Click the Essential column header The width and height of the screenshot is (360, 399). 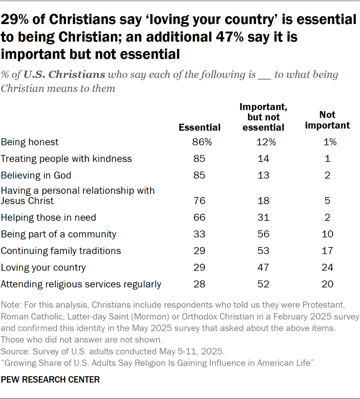pyautogui.click(x=199, y=127)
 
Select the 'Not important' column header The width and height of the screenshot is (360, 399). pyautogui.click(x=327, y=120)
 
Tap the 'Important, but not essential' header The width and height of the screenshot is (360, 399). pyautogui.click(x=262, y=117)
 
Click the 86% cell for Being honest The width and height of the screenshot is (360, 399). pyautogui.click(x=199, y=142)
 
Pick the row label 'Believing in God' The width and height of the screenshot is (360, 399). pyautogui.click(x=36, y=175)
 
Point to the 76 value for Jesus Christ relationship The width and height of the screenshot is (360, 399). pyautogui.click(x=199, y=201)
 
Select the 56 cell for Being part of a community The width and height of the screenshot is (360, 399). pyautogui.click(x=264, y=234)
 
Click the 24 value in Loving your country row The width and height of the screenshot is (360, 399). pyautogui.click(x=327, y=268)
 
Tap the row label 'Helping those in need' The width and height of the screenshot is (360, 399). pyautogui.click(x=48, y=217)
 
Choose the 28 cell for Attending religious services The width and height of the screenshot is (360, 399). pyautogui.click(x=199, y=284)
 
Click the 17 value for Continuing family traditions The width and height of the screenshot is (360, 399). pyautogui.click(x=327, y=251)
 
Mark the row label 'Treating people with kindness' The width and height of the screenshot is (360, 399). pyautogui.click(x=66, y=159)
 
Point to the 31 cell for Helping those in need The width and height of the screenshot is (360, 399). pyautogui.click(x=264, y=217)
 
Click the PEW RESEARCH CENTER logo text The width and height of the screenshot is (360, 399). pyautogui.click(x=51, y=379)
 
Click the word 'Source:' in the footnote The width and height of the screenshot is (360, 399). pyautogui.click(x=14, y=351)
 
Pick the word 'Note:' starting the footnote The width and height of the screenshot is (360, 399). pyautogui.click(x=11, y=305)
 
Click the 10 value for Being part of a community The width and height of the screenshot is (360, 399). pyautogui.click(x=327, y=234)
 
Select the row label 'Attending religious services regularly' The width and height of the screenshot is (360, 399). pyautogui.click(x=81, y=284)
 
